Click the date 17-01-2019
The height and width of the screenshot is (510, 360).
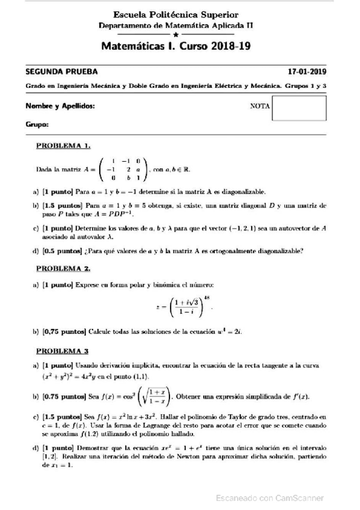tap(307, 70)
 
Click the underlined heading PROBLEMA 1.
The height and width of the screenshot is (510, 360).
tap(63, 145)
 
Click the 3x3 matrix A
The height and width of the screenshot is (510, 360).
tap(123, 169)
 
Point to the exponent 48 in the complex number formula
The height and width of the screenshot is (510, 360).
tap(209, 298)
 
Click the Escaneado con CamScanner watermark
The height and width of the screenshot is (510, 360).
tap(269, 497)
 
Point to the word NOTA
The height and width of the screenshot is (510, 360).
tap(258, 107)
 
